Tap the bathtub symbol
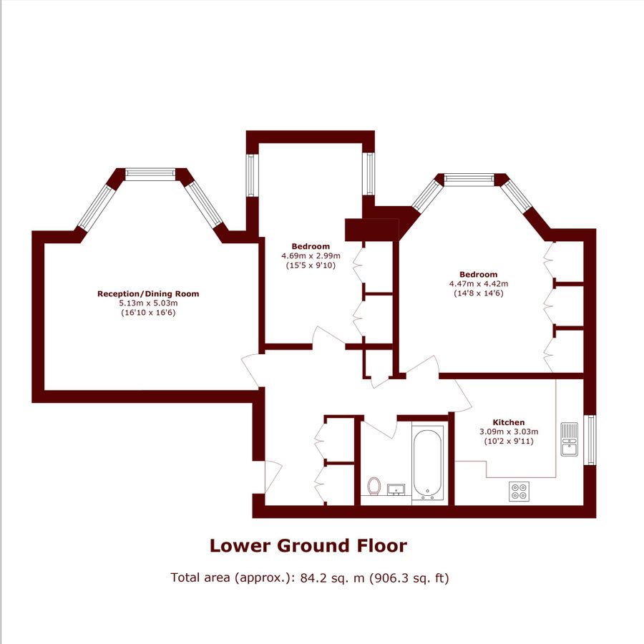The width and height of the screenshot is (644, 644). coord(429,464)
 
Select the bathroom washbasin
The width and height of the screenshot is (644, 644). coord(396,490)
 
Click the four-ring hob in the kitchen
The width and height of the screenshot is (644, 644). coord(519,491)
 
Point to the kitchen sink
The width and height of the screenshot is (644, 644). coord(570,439)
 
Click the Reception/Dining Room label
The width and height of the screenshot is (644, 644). coord(148,293)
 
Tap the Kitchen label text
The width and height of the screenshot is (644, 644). coord(508,422)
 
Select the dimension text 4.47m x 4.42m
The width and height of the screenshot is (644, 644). coord(477,284)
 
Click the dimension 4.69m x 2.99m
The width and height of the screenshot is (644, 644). coord(311,255)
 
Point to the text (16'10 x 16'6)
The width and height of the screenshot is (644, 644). coord(148,313)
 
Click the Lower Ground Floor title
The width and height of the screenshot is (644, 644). coord(308,546)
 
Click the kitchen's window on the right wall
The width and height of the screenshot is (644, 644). coord(590,439)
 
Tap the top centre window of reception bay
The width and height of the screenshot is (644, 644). coord(150,174)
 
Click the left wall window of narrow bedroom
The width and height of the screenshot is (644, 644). coord(251,175)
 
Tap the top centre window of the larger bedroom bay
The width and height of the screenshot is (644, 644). coord(469,177)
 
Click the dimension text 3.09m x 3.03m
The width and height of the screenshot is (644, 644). coord(508,431)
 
